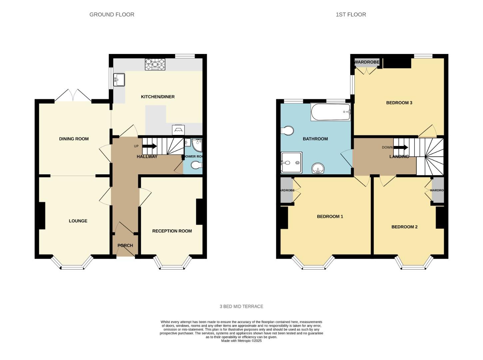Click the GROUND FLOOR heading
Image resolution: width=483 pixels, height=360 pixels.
coord(112,15)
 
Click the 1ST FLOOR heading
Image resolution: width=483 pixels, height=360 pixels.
coord(351,15)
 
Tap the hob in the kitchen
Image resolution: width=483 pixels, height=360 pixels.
coord(155,64)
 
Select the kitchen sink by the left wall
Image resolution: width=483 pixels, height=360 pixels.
coord(119,80)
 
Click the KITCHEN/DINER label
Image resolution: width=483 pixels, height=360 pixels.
coord(158,97)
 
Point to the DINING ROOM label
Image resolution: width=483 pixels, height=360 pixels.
coord(74,139)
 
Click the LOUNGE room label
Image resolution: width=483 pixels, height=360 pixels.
coord(78,221)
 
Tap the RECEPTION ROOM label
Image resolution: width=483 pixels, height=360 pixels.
coord(172,231)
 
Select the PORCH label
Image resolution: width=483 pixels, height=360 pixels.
coord(125,246)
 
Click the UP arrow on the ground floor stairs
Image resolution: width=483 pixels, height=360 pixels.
coord(149,146)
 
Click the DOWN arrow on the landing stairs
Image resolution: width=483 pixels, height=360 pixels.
coord(401,147)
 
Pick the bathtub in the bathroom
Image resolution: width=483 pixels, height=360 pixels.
coord(330,112)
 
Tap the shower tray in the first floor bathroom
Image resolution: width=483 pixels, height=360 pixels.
coord(291,163)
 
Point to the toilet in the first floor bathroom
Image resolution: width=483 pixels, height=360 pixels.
coord(287,131)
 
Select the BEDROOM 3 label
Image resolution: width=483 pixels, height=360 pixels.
coord(399,103)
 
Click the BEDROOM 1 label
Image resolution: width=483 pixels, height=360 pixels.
coord(330,217)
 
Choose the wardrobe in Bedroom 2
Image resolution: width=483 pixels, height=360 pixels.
coord(438,190)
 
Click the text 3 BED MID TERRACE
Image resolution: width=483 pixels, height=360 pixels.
coord(241,307)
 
